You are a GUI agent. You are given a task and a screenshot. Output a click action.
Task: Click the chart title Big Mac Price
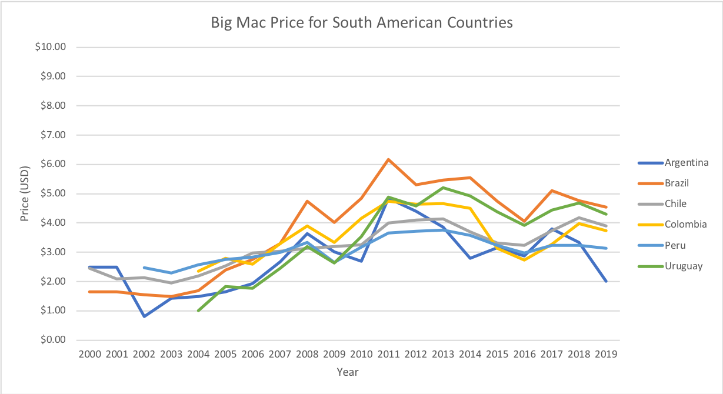[x=362, y=23]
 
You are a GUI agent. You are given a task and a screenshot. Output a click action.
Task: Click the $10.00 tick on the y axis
[x=50, y=47]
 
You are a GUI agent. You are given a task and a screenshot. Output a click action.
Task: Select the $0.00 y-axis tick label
[x=52, y=340]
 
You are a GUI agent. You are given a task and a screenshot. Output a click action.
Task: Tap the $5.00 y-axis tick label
[x=52, y=193]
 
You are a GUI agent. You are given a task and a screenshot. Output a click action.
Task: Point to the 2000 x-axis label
[x=89, y=355]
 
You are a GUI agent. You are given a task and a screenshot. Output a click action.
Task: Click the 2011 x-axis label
[x=388, y=355]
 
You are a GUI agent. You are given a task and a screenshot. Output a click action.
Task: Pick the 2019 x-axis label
[x=606, y=355]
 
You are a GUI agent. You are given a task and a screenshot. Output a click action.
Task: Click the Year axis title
[x=348, y=372]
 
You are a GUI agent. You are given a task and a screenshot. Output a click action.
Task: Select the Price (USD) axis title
[x=24, y=193]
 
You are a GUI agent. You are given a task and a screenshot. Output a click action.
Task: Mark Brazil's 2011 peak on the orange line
[x=388, y=159]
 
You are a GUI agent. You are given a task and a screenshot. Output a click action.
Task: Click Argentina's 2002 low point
[x=144, y=316]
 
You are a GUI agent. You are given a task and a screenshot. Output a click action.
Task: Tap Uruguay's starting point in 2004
[x=198, y=310]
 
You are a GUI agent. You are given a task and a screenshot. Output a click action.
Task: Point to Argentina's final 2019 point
[x=606, y=281]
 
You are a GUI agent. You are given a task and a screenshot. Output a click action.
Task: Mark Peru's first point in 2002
[x=144, y=268]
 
